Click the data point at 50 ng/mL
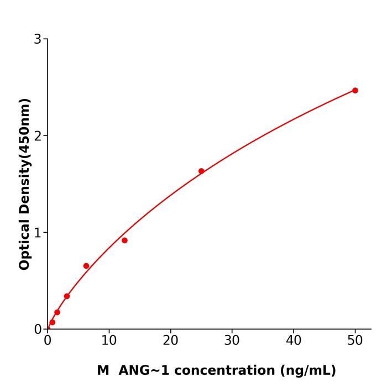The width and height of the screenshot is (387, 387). [355, 90]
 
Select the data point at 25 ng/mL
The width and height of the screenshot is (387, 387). [201, 171]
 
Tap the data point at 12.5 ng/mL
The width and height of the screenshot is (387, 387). [124, 240]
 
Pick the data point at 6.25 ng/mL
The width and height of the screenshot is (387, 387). [86, 266]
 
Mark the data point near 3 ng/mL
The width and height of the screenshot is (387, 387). [67, 296]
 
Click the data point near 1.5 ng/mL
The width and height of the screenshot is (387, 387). [57, 312]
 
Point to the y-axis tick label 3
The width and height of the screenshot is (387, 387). [38, 39]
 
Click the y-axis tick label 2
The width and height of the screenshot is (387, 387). [38, 135]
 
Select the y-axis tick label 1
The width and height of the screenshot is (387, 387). [38, 232]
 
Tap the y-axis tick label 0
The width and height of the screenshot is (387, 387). [38, 329]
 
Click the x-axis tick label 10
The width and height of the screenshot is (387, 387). [109, 341]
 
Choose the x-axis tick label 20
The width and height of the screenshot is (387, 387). [170, 341]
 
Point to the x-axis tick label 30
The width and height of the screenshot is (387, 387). [232, 341]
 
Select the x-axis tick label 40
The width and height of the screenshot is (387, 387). [294, 341]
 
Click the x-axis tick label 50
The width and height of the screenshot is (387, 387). [355, 341]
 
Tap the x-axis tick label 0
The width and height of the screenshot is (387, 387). [48, 341]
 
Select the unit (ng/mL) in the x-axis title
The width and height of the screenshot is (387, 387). [309, 370]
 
